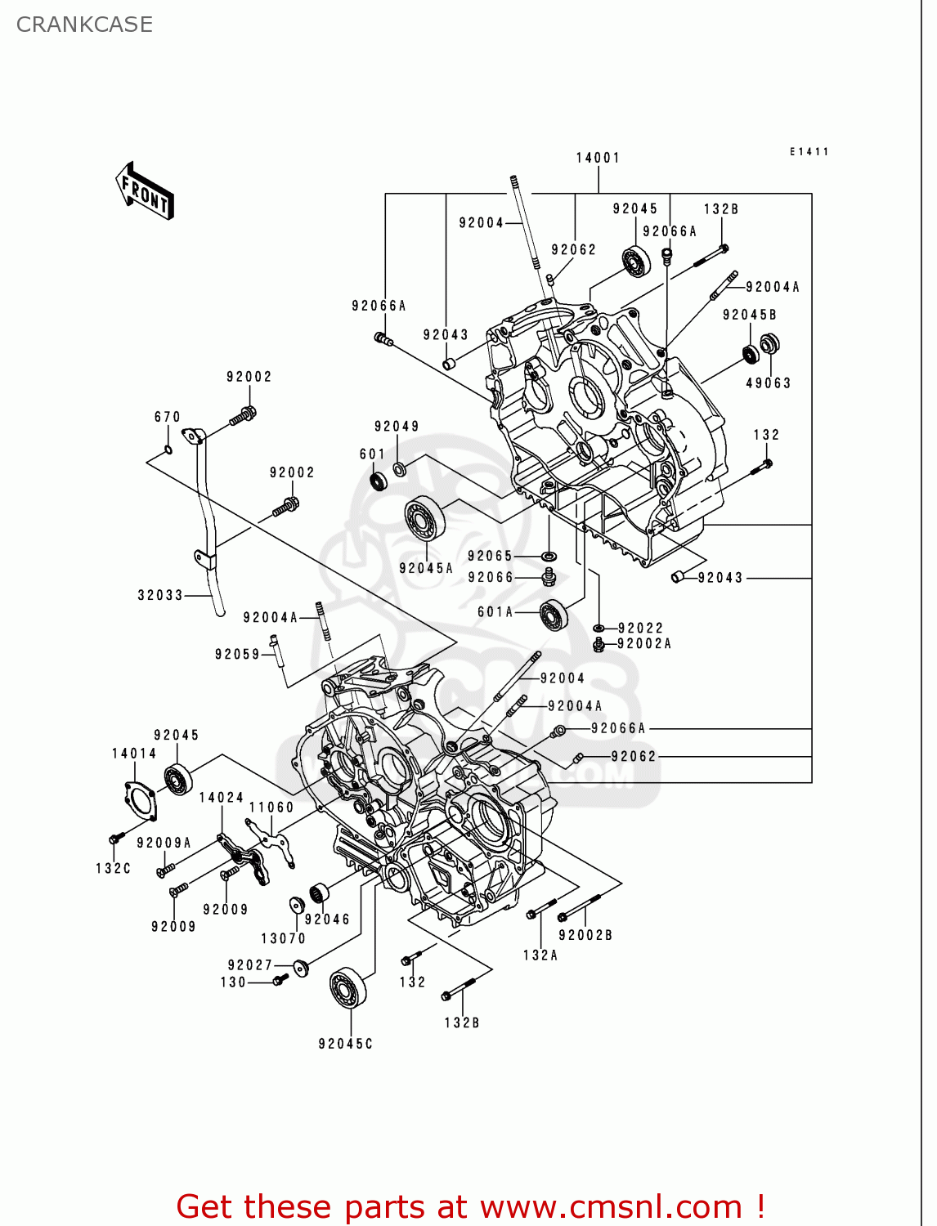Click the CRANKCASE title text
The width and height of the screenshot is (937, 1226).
84,25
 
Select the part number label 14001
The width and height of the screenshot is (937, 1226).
598,158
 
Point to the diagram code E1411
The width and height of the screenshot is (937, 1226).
809,152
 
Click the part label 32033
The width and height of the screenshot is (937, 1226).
160,595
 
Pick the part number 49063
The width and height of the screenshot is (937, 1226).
768,383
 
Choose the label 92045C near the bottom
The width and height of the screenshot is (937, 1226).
345,1044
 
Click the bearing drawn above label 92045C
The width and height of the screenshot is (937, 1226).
347,987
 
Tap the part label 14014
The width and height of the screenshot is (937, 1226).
134,754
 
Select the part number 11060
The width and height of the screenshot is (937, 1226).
271,808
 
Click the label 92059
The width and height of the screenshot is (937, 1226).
237,654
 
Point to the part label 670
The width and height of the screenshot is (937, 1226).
168,417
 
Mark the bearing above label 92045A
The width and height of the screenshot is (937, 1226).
425,518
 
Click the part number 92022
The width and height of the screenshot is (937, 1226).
640,628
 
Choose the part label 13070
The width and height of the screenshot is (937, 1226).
283,938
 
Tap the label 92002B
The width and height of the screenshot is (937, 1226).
585,935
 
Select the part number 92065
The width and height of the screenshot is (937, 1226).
490,556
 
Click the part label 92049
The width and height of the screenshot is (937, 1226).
397,427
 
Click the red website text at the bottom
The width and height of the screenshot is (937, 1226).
470,1206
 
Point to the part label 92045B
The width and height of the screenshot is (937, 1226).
749,315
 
